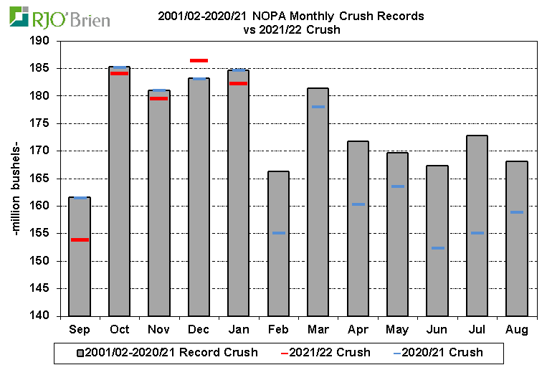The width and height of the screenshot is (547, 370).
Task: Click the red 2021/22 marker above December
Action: pyautogui.click(x=199, y=60)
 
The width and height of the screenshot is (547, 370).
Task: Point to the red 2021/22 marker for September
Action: pyautogui.click(x=80, y=239)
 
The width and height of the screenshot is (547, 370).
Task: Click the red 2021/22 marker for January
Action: pyautogui.click(x=238, y=84)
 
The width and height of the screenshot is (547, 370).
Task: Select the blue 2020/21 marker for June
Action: pyautogui.click(x=437, y=248)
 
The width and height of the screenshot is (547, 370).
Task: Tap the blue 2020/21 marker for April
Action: pyautogui.click(x=358, y=204)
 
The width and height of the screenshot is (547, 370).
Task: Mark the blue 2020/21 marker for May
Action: pyautogui.click(x=398, y=186)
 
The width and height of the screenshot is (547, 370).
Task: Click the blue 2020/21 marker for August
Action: pyautogui.click(x=516, y=212)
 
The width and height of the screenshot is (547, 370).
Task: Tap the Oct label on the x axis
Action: pyautogui.click(x=119, y=330)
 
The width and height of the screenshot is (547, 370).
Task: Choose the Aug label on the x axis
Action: pyautogui.click(x=516, y=330)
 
